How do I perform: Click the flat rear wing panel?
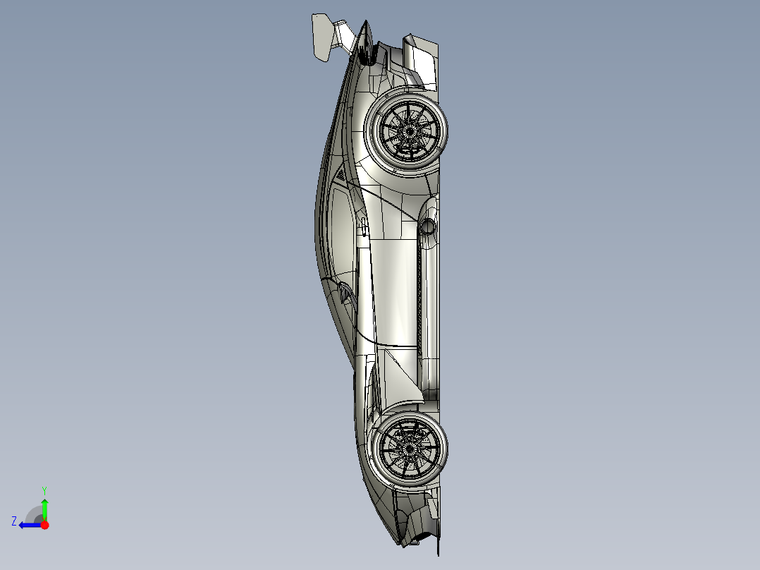(x=321, y=38)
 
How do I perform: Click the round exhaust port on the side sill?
(x=427, y=226)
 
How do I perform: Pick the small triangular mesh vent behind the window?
(x=341, y=174)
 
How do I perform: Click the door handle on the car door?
(x=364, y=226)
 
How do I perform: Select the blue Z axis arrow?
(x=30, y=525)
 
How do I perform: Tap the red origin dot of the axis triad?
(x=44, y=525)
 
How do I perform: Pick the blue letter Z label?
(x=14, y=521)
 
